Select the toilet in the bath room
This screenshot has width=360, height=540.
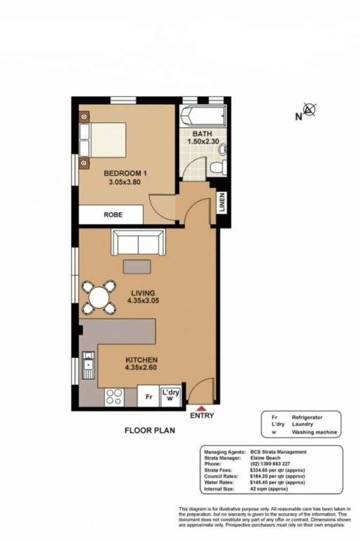click(218, 166)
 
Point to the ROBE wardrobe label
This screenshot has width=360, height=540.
click(113, 215)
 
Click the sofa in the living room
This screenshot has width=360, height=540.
click(138, 243)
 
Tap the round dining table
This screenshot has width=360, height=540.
click(99, 297)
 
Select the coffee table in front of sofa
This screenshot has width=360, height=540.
click(137, 266)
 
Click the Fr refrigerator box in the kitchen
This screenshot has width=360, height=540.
click(149, 396)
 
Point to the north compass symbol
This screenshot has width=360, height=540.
click(309, 110)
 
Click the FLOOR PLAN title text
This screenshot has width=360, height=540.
click(149, 430)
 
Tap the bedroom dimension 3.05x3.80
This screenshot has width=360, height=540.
click(122, 184)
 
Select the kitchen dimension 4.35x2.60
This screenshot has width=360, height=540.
click(141, 368)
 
